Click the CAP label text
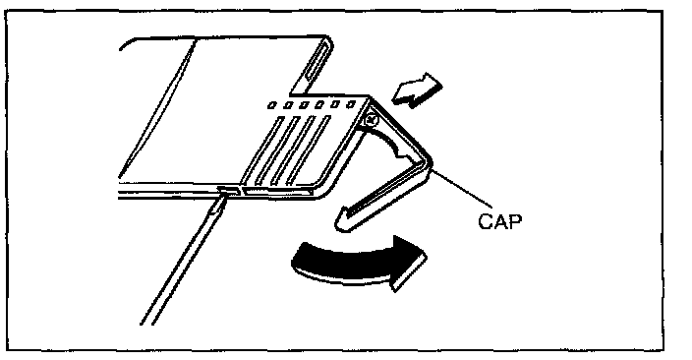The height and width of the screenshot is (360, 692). (499, 221)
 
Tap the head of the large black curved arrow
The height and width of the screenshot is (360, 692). (408, 263)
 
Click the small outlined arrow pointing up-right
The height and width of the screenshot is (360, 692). (417, 90)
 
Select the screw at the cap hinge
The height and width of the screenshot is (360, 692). (372, 119)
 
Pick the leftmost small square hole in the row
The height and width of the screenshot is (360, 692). (272, 105)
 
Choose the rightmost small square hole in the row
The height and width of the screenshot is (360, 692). (351, 104)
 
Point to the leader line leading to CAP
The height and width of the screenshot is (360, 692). (462, 189)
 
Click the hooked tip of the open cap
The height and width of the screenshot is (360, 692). (342, 221)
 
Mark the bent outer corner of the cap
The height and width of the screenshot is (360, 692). (428, 162)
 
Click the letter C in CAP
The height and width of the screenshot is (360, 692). (485, 221)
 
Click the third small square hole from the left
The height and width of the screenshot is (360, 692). (304, 105)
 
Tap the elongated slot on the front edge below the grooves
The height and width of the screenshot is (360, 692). (278, 192)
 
